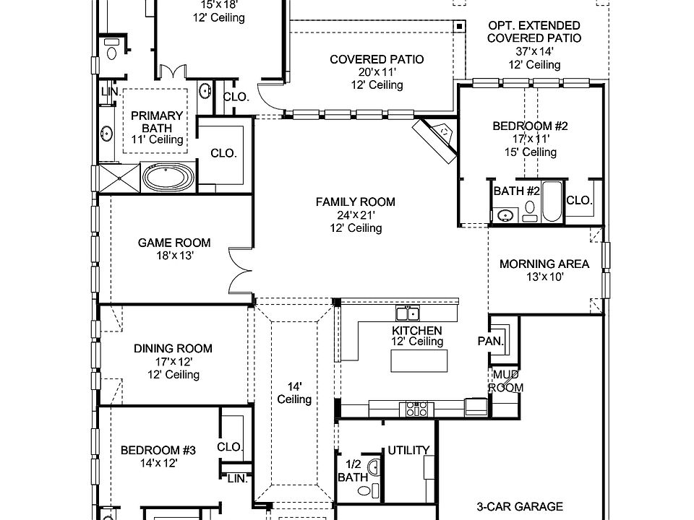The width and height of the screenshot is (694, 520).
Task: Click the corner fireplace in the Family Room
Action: (x=436, y=139)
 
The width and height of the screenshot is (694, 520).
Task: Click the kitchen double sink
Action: (x=407, y=313)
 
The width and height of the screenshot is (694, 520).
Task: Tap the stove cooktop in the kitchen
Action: (x=418, y=409)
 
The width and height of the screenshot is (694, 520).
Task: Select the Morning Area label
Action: (x=544, y=264)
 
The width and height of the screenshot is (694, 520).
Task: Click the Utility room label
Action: (x=408, y=450)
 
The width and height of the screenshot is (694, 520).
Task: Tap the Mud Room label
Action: (x=505, y=381)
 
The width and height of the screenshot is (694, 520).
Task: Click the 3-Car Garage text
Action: (x=519, y=507)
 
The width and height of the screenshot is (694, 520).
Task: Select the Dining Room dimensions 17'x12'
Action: (x=163, y=361)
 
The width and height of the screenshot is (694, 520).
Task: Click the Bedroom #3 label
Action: (x=158, y=450)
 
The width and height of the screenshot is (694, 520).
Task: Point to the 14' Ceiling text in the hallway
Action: (x=294, y=393)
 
